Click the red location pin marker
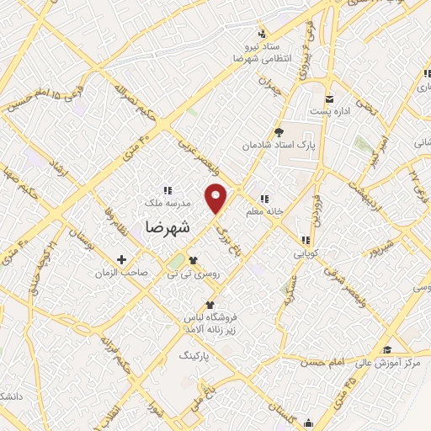pos(217,199)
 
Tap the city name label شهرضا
pos(168,227)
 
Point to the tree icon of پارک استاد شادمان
pos(279,131)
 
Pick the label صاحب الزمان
pos(122,273)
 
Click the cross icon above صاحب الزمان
pos(122,259)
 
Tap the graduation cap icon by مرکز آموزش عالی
pos(410,349)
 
